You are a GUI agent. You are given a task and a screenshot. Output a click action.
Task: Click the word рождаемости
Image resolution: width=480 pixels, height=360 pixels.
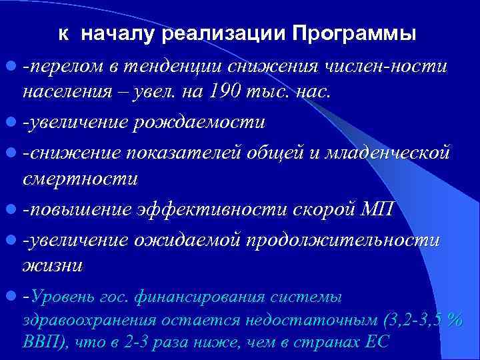pos(210,123)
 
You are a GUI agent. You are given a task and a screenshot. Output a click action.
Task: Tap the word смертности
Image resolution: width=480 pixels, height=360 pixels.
pos(79,179)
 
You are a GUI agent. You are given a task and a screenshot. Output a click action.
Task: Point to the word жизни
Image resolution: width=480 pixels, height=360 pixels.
pos(53,265)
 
